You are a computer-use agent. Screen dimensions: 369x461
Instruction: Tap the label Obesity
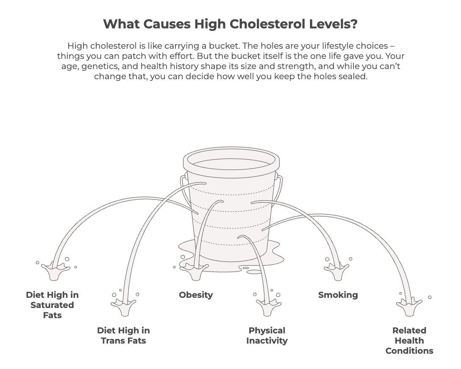click(x=196, y=295)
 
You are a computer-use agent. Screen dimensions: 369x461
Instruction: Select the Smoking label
click(x=338, y=295)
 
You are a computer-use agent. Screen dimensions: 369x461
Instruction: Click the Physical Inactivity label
click(x=267, y=336)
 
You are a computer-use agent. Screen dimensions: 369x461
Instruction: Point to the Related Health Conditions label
click(x=409, y=341)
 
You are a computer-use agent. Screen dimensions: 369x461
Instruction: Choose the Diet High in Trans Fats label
click(x=123, y=336)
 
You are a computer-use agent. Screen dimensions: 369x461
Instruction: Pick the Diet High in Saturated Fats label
click(x=52, y=305)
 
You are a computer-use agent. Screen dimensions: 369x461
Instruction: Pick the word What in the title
click(x=119, y=24)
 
